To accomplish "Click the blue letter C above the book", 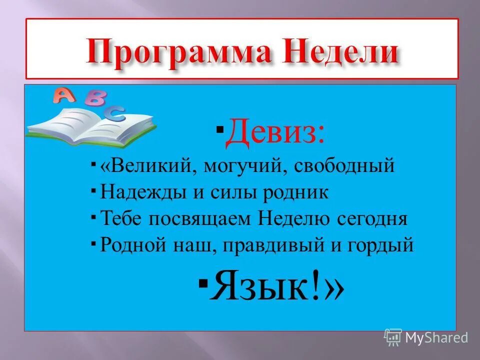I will point(117,113).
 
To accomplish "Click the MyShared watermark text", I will point(436,337).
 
